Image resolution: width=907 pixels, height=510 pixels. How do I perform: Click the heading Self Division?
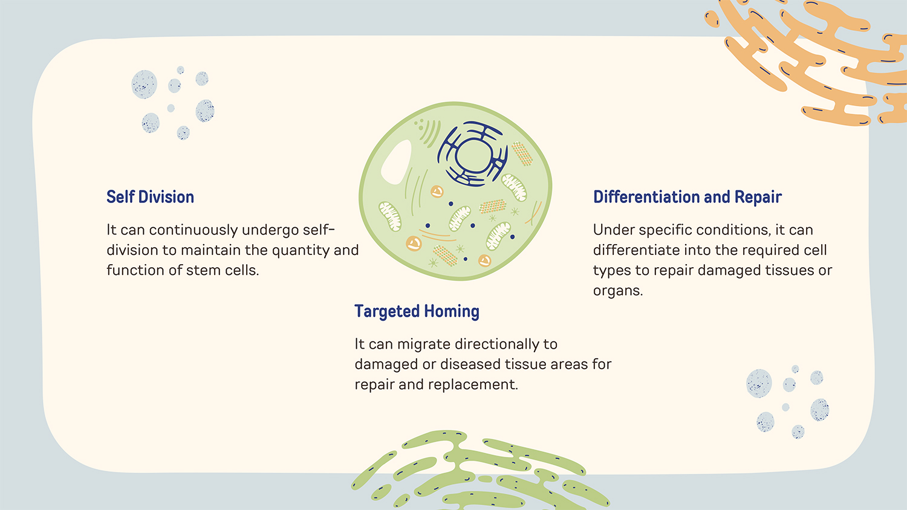[150, 197]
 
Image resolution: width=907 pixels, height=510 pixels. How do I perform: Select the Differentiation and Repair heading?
[687, 197]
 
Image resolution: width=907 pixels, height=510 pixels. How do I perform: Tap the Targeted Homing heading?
[417, 312]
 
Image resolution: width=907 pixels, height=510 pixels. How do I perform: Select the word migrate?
[424, 344]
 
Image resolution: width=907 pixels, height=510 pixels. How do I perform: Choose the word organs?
[618, 291]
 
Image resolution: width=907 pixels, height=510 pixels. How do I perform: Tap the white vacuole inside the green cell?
[395, 161]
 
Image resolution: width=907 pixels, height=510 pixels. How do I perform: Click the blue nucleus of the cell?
[473, 154]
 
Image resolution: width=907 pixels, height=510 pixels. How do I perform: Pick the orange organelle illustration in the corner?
[806, 60]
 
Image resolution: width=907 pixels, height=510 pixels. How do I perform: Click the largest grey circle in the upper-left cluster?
[144, 84]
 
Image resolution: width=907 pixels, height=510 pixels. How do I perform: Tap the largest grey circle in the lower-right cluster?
[759, 383]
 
